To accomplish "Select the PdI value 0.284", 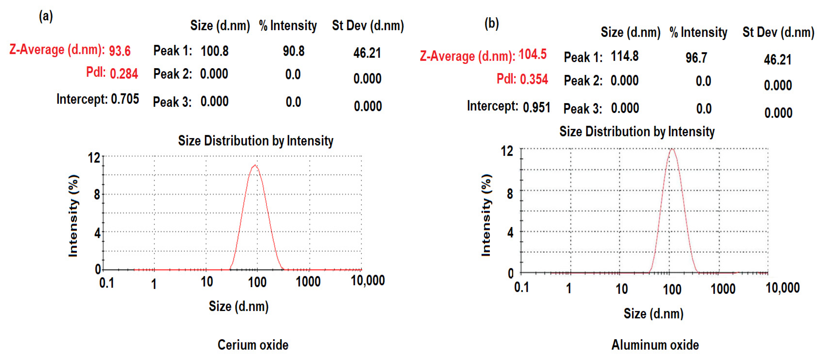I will (x=124, y=74).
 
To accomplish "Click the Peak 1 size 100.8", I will (x=215, y=51).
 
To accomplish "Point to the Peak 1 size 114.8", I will (x=625, y=56).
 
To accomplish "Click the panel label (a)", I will (x=46, y=16).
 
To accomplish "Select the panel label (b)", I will (x=492, y=23).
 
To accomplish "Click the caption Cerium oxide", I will (x=253, y=345).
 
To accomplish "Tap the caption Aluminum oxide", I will (x=655, y=345).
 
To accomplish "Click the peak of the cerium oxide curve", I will (x=255, y=166).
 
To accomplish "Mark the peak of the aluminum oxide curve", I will (x=672, y=149).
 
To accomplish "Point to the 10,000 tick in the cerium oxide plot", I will (x=368, y=280).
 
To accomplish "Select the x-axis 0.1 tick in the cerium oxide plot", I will (x=106, y=283).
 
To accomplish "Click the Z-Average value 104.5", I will (x=533, y=54).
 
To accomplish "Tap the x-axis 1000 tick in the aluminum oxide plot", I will (x=723, y=289).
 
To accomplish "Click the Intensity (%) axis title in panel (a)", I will (x=73, y=216).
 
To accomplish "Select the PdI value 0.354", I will (x=534, y=79).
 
